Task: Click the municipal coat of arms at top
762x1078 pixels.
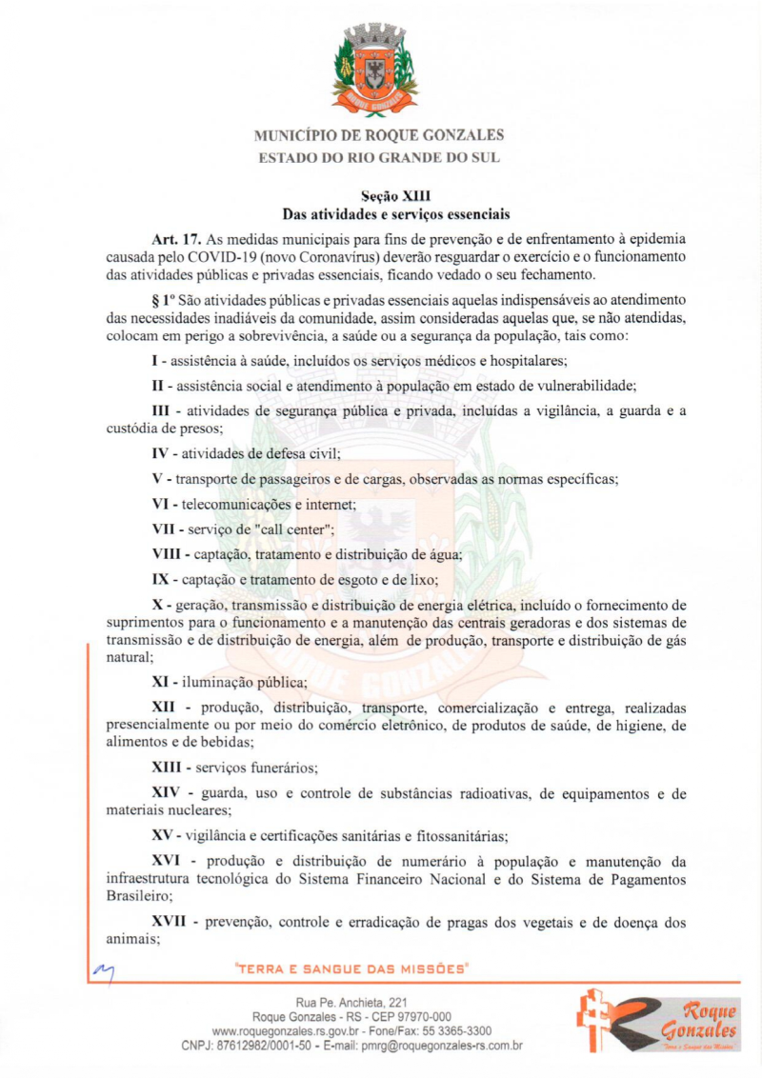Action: (379, 69)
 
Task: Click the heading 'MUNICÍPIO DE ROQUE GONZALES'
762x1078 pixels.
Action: (379, 135)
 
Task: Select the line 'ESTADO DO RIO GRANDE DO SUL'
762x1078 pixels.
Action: (379, 157)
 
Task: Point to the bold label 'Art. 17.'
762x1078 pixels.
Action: (176, 237)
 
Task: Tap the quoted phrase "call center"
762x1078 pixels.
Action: (285, 529)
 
